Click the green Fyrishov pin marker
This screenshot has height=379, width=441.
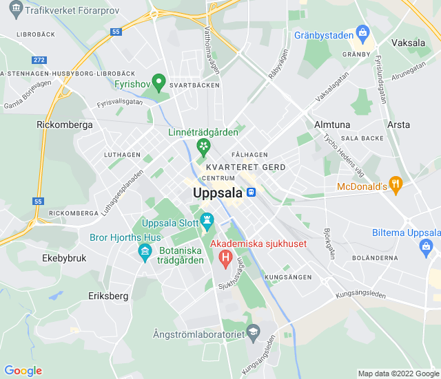coord(158,83)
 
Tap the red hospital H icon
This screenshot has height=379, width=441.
coord(225,259)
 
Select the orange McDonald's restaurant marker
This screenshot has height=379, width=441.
coord(395,184)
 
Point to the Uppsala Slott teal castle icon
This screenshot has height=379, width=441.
coord(206,220)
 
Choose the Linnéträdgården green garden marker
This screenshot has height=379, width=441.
coord(203,146)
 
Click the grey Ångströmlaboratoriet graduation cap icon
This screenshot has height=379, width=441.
coord(253,332)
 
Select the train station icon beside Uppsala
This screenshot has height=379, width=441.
coord(253,193)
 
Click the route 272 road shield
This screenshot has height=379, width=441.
coord(39,61)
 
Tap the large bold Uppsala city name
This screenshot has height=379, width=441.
coord(218,193)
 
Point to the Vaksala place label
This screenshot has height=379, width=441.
coord(408,43)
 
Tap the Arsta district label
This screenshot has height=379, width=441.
coord(398,124)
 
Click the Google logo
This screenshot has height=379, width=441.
coord(23,371)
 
